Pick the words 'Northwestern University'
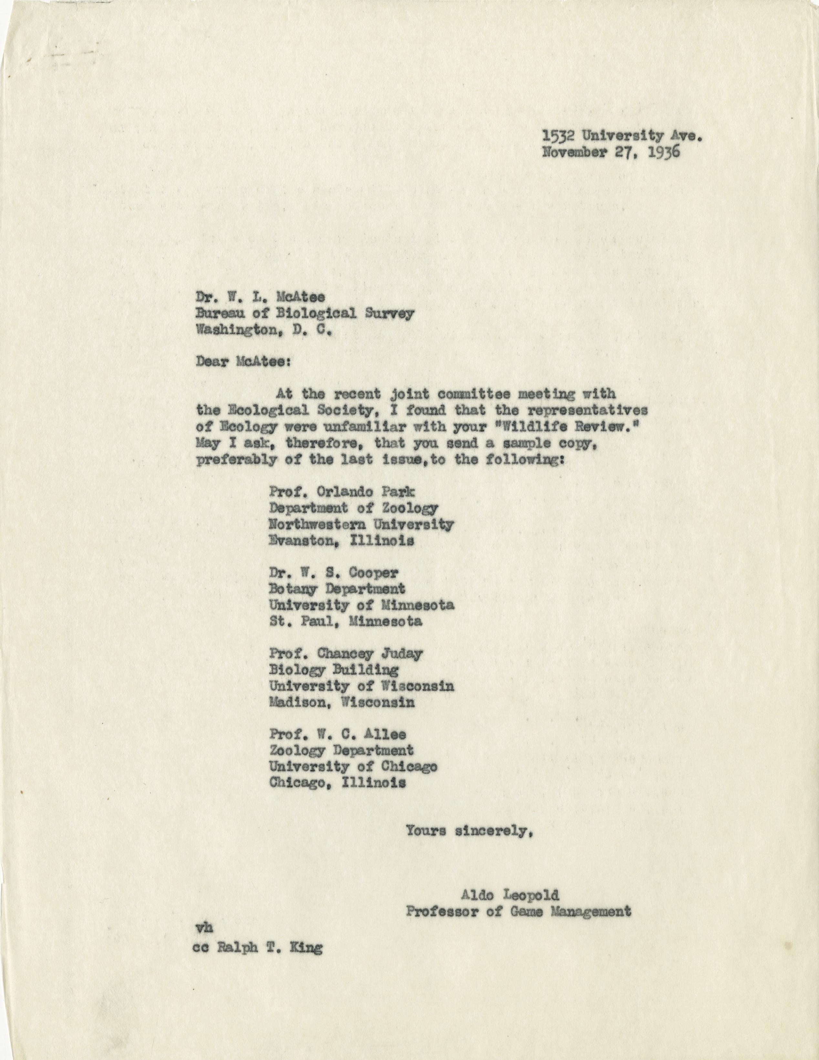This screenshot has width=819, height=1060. [x=361, y=524]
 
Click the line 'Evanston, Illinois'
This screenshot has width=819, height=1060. [x=341, y=540]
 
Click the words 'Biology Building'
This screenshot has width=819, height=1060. [x=334, y=670]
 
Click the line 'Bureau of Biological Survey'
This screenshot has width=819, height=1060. [x=305, y=313]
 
